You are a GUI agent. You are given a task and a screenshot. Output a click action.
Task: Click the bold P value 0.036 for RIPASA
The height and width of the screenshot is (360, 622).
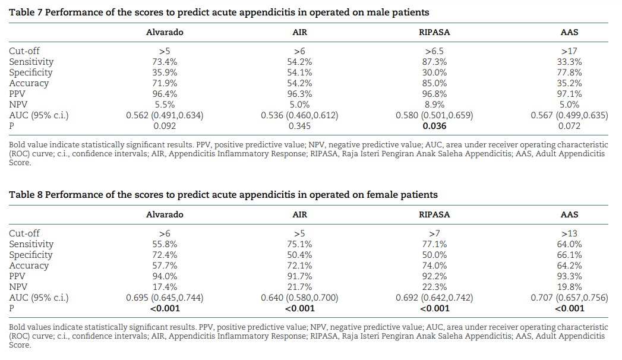pyautogui.click(x=434, y=126)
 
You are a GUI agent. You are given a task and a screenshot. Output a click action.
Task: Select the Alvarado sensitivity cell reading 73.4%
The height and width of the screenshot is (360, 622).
pyautogui.click(x=165, y=62)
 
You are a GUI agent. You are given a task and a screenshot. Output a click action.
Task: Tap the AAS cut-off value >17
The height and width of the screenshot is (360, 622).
pyautogui.click(x=569, y=51)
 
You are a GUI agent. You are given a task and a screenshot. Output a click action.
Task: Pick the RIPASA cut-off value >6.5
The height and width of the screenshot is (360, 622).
pyautogui.click(x=434, y=51)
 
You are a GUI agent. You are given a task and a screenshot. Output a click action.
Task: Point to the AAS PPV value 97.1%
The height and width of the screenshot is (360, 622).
pyautogui.click(x=569, y=94)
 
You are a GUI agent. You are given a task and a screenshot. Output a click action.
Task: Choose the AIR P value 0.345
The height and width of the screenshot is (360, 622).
pyautogui.click(x=299, y=126)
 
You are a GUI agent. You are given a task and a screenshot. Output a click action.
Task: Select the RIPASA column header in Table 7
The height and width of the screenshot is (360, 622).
pyautogui.click(x=434, y=32)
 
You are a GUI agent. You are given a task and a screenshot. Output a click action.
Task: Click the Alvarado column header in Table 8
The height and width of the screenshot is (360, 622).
pyautogui.click(x=165, y=214)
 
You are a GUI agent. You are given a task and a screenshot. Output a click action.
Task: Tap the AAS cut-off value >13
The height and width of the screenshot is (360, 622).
pyautogui.click(x=569, y=233)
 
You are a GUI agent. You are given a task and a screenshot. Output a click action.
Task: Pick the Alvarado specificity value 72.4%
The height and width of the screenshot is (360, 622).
pyautogui.click(x=165, y=255)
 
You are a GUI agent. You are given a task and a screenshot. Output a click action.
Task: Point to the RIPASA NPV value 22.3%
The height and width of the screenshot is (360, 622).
pyautogui.click(x=434, y=287)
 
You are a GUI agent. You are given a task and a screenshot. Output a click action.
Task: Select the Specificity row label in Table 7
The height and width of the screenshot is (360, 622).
pyautogui.click(x=31, y=72)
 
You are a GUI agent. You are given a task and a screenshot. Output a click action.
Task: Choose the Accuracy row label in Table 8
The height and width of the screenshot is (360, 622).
pyautogui.click(x=29, y=266)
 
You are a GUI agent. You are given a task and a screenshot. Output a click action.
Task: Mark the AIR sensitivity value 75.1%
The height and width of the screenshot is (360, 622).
pyautogui.click(x=299, y=244)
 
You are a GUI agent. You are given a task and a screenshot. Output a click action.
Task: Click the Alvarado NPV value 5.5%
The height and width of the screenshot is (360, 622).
pyautogui.click(x=165, y=105)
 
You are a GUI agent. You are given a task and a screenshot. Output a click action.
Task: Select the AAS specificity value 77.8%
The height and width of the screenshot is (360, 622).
pyautogui.click(x=569, y=72)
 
